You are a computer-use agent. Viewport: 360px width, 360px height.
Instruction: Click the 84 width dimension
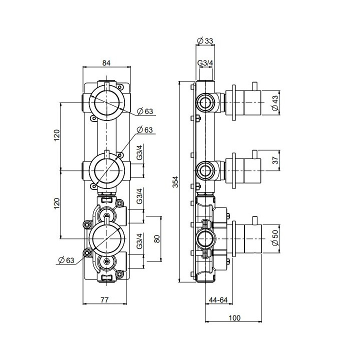pos(106,62)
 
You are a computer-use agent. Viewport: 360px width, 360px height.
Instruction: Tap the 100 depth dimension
pos(234,317)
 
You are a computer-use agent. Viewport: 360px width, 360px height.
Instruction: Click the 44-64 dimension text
pos(217,300)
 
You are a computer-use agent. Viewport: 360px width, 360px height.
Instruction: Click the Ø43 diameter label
pos(274,103)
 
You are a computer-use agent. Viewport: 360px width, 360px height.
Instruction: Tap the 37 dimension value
pos(274,160)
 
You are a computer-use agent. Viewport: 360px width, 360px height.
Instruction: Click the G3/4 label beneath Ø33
pos(205,63)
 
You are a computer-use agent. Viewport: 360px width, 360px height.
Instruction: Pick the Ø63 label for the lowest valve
pos(66,259)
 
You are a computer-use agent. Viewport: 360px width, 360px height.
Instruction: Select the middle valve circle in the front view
pos(106,170)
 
